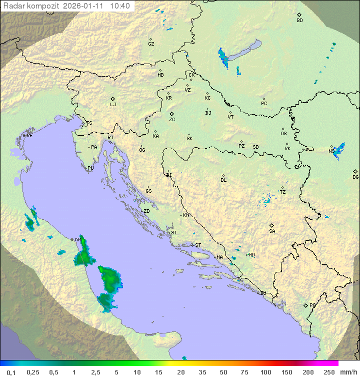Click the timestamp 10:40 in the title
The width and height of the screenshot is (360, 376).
[x=120, y=6]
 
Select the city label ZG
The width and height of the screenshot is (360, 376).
[x=172, y=120]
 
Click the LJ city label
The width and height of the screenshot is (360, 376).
[x=113, y=105]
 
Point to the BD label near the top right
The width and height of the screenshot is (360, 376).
[x=299, y=21]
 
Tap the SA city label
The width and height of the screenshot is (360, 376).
[x=272, y=231]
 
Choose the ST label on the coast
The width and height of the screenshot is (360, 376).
[x=198, y=245]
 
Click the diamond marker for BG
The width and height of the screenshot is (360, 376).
[x=355, y=171]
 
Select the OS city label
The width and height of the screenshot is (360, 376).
[x=283, y=134]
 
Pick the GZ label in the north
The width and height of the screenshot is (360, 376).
[x=151, y=44]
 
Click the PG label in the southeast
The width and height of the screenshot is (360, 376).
[x=312, y=305]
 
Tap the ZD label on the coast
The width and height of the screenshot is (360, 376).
[x=146, y=211]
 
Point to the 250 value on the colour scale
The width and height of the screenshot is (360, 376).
[x=329, y=372]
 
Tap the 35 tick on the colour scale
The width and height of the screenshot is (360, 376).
[x=202, y=372]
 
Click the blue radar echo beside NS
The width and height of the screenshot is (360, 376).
[x=339, y=150]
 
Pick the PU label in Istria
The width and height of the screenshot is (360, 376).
[x=90, y=168]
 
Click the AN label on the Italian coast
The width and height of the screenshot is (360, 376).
[x=77, y=240]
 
